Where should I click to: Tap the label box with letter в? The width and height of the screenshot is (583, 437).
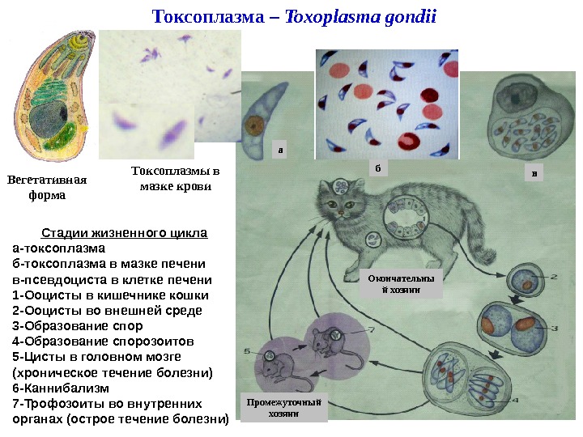533,172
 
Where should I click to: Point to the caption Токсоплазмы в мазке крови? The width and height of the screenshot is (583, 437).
175,179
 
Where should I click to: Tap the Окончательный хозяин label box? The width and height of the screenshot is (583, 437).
401,285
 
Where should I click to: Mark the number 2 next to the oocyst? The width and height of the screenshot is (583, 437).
554,278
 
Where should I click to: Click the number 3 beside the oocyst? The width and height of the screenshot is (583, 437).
555,328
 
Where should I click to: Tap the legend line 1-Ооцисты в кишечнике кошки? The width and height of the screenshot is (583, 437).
111,295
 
